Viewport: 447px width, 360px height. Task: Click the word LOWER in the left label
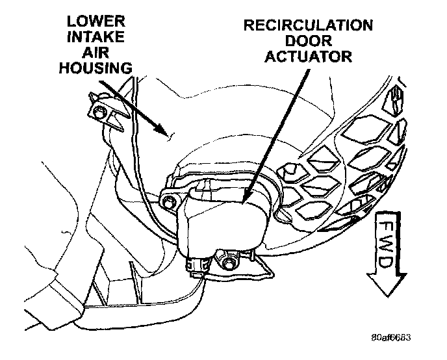(x=90, y=22)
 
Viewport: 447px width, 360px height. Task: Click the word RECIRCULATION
(x=307, y=26)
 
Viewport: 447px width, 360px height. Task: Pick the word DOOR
(x=307, y=41)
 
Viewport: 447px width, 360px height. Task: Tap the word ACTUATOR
(x=307, y=57)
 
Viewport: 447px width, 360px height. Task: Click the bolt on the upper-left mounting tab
(x=99, y=114)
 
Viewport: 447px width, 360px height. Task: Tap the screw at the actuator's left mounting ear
(x=170, y=201)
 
